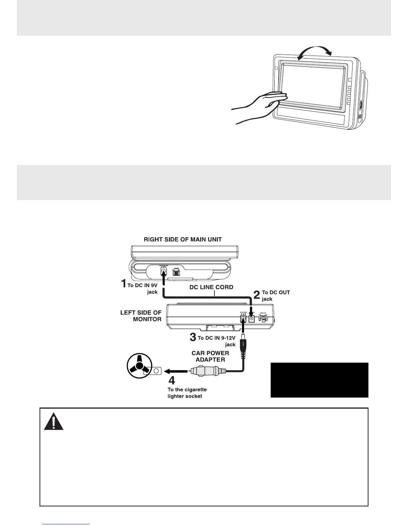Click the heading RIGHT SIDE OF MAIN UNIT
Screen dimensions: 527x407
coord(183,240)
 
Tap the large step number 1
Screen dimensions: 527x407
coord(123,284)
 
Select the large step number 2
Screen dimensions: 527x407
coord(257,295)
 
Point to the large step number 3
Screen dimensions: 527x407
coord(193,337)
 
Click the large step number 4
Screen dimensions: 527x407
coord(172,380)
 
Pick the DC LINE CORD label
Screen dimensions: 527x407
coord(211,287)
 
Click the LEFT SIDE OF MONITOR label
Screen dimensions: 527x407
coord(141,316)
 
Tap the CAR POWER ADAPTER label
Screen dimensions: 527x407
coord(210,356)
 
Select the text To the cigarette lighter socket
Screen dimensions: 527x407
coord(187,393)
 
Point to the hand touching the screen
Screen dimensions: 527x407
coord(259,106)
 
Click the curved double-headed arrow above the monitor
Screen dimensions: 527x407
coord(315,52)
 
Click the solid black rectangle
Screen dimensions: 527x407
coord(319,380)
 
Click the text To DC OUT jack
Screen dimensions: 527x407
coord(276,295)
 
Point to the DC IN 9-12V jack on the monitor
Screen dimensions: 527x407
coord(243,319)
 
